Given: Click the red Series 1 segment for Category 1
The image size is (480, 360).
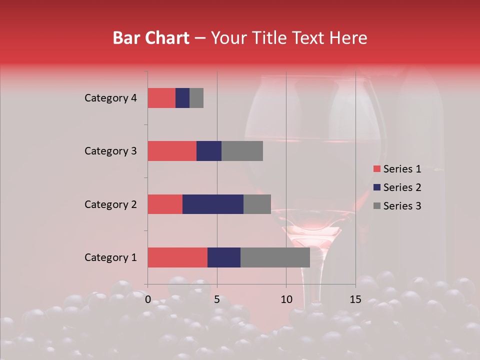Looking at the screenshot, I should (177, 257).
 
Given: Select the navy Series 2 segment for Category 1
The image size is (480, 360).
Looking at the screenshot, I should (224, 257).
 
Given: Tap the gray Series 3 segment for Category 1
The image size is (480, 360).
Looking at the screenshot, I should (275, 257).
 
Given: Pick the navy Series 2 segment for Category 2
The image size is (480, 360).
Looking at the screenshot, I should (213, 204).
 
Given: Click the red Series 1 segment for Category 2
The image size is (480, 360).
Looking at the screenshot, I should (165, 204).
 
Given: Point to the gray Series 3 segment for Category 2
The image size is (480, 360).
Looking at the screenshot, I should (257, 204).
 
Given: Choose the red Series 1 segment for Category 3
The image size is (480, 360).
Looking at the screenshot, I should (172, 151).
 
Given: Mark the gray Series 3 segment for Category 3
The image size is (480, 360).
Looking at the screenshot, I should (242, 151).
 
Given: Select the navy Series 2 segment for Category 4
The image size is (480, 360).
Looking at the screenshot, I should (182, 98).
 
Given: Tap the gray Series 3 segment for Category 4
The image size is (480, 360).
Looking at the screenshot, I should (196, 98).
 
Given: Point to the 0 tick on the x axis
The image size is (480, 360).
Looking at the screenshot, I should (148, 299).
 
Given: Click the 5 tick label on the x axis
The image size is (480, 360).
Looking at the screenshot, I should (217, 299).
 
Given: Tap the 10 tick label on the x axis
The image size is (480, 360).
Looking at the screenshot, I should (286, 299).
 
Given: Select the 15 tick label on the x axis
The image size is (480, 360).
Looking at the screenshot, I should (355, 299).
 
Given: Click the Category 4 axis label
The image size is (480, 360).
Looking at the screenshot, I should (110, 98).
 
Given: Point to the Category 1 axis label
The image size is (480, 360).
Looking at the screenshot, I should (110, 257).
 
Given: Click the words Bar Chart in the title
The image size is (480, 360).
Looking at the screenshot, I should (151, 38).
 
